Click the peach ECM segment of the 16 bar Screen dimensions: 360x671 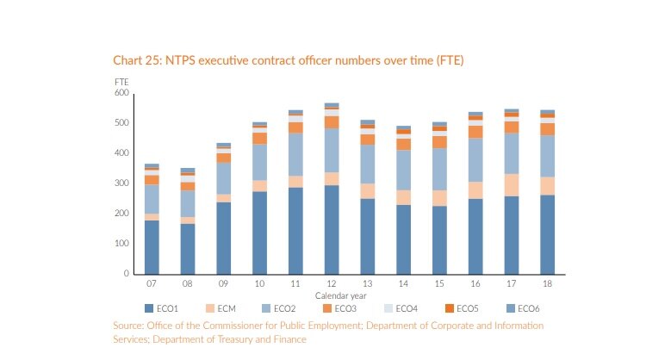(x=475, y=190)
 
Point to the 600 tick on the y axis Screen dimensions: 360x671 (x=121, y=93)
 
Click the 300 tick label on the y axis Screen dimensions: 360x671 (x=121, y=183)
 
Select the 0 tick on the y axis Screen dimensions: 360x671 (x=126, y=274)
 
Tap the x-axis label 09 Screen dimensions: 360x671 (x=223, y=283)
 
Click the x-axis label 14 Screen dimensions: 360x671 (x=403, y=283)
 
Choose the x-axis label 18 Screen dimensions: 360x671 (x=547, y=283)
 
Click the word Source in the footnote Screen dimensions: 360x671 (x=129, y=326)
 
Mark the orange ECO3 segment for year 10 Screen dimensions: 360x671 (x=259, y=139)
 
